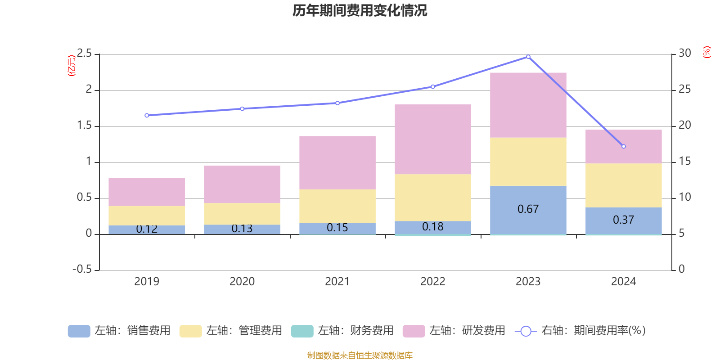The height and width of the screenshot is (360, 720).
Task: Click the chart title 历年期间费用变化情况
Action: [360, 10]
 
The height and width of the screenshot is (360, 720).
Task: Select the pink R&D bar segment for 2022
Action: [433, 139]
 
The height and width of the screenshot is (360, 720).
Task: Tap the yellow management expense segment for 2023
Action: [528, 162]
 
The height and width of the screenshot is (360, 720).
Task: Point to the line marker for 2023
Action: [528, 57]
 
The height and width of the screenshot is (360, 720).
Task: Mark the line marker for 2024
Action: [624, 146]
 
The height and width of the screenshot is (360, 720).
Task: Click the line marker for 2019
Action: [147, 116]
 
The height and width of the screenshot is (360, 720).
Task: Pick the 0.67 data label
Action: [528, 209]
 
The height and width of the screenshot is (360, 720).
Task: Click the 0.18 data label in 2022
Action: [433, 227]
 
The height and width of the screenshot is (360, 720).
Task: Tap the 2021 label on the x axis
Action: [337, 282]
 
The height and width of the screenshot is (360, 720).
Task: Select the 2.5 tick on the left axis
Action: [84, 54]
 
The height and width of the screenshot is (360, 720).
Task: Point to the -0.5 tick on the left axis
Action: [82, 269]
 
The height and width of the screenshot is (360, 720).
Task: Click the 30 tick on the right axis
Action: [685, 54]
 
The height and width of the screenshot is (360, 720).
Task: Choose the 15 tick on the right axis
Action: [685, 162]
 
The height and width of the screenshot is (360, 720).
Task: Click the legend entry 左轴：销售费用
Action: [119, 331]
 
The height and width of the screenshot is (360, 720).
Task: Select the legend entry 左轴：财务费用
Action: [342, 331]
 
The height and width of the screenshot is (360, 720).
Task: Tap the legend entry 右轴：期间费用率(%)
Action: [580, 331]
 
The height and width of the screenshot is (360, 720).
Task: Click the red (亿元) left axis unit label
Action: [72, 66]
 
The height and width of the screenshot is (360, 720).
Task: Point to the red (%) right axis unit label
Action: [707, 52]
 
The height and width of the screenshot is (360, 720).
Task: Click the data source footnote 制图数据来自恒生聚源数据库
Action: [360, 355]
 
